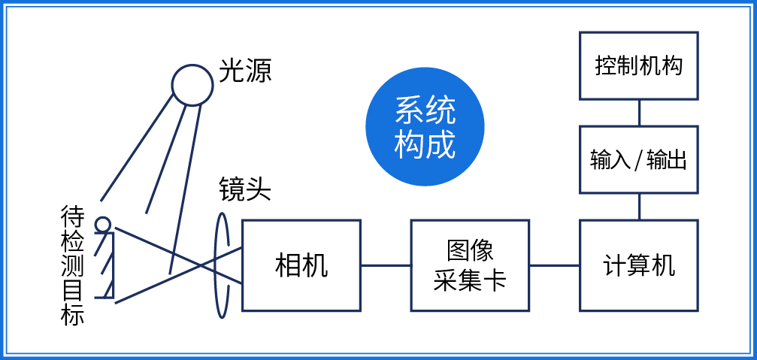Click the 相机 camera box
301,265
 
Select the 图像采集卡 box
470,265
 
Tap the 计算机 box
639,265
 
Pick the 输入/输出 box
639,159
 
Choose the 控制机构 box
639,66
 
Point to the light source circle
192,84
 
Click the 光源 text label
245,71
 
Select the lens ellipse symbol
222,265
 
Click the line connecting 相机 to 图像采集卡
386,265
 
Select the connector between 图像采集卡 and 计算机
555,265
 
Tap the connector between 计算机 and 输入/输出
639,207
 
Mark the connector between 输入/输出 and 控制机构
639,113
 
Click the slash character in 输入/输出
638,160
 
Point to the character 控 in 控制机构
605,66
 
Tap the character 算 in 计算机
639,265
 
